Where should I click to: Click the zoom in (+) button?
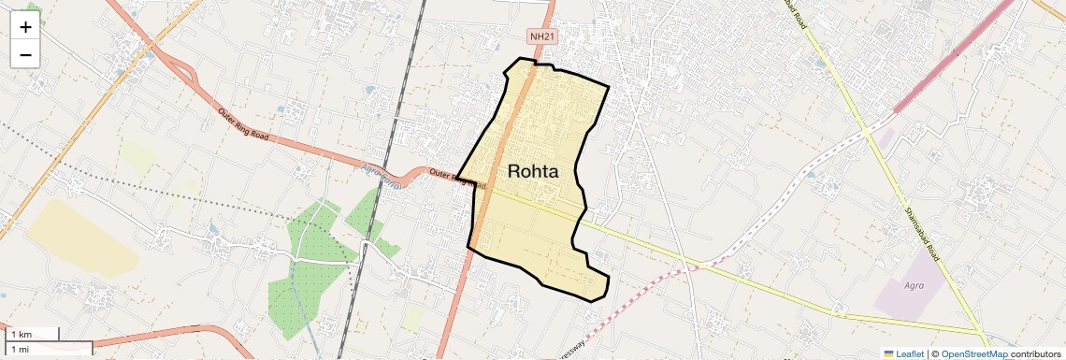tap(25, 28)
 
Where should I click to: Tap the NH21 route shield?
tap(540, 36)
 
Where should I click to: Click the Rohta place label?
tap(533, 171)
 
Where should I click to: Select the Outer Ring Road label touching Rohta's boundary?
tap(457, 177)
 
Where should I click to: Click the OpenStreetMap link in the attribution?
tap(975, 353)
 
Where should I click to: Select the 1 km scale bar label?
tap(21, 334)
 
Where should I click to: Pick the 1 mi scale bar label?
tap(20, 348)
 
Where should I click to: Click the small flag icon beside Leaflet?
tap(888, 353)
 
